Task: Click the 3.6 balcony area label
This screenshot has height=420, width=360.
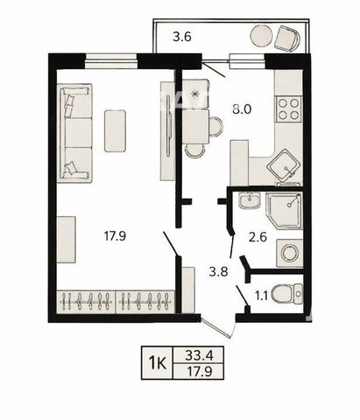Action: [x=182, y=37]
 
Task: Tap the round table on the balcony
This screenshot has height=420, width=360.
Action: [x=261, y=35]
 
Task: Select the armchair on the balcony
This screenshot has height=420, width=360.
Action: [x=287, y=38]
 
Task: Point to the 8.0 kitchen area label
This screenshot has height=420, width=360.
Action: [x=242, y=109]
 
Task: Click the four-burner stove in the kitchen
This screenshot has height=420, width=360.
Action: [x=288, y=109]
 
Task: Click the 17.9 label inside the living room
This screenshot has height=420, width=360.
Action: [x=115, y=235]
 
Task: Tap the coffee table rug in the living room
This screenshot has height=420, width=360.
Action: [x=115, y=130]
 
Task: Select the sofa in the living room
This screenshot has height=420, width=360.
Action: [x=74, y=133]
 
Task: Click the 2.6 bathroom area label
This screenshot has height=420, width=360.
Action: [x=258, y=237]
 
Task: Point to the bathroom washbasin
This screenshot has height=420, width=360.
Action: [x=250, y=200]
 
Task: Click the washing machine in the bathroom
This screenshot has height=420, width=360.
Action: [x=289, y=253]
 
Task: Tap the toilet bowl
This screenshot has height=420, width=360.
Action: [x=286, y=293]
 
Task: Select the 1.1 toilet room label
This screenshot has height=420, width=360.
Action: [x=262, y=296]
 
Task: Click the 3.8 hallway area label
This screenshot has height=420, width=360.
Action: [x=218, y=272]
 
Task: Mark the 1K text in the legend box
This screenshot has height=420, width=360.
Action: [x=158, y=363]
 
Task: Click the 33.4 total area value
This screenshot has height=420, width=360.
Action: [x=199, y=355]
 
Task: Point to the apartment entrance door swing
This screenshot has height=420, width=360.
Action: [x=218, y=327]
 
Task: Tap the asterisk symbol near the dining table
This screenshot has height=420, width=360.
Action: [x=194, y=94]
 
